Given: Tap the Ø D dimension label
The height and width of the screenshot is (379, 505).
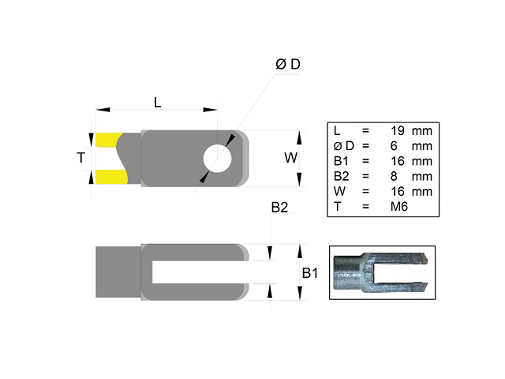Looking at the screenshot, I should tap(288, 65).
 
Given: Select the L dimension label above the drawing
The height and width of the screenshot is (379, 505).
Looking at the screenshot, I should tap(158, 102).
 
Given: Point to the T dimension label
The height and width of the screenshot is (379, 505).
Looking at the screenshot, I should tap(80, 158).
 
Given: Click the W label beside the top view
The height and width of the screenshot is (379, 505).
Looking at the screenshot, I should tap(291, 158).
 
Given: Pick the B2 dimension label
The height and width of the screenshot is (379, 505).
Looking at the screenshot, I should tap(279, 208).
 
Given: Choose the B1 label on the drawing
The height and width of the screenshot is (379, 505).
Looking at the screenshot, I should tap(310, 273).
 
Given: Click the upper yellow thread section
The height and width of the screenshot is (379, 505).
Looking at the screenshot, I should tap(109, 141).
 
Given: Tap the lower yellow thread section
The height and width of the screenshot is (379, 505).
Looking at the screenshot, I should tap(109, 175).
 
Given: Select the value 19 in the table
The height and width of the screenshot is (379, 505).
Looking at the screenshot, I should tap(398, 130).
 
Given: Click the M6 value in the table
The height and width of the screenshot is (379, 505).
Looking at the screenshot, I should tap(402, 206).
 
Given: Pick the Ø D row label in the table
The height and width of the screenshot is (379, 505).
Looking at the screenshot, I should tap(344, 146).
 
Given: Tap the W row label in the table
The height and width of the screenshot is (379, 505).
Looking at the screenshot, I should tap(339, 191).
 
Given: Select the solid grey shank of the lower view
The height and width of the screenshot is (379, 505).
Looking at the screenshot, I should tap(118, 272).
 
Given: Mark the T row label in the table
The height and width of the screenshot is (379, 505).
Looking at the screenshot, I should tap(337, 206).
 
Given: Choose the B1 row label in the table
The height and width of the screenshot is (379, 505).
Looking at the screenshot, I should tap(341, 161).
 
